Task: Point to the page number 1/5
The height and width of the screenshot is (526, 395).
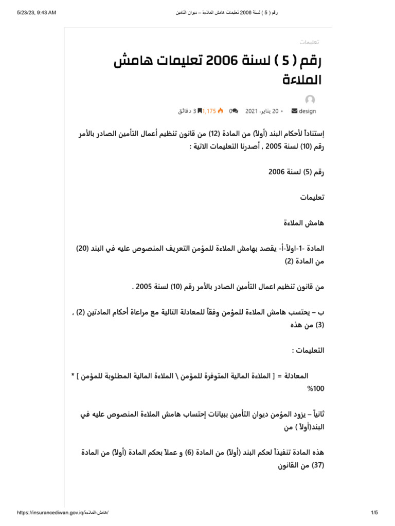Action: pyautogui.click(x=374, y=513)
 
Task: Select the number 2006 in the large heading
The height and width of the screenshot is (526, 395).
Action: pyautogui.click(x=221, y=63)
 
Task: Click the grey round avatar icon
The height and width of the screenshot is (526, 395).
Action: pyautogui.click(x=310, y=100)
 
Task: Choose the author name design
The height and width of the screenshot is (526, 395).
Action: pyautogui.click(x=307, y=111)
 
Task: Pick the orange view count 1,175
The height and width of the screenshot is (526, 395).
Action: pyautogui.click(x=209, y=111)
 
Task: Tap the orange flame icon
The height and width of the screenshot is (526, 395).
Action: pyautogui.click(x=221, y=111)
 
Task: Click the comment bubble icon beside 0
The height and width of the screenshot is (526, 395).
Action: pyautogui.click(x=235, y=111)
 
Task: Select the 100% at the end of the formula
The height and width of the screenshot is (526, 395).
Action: pyautogui.click(x=316, y=389)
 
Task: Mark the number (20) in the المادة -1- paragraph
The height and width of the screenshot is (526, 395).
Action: pyautogui.click(x=82, y=248)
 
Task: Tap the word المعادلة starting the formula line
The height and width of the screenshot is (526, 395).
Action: pyautogui.click(x=308, y=376)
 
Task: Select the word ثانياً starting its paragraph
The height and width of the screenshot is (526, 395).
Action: pyautogui.click(x=314, y=414)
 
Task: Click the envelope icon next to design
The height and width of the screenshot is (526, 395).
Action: pyautogui.click(x=294, y=111)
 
